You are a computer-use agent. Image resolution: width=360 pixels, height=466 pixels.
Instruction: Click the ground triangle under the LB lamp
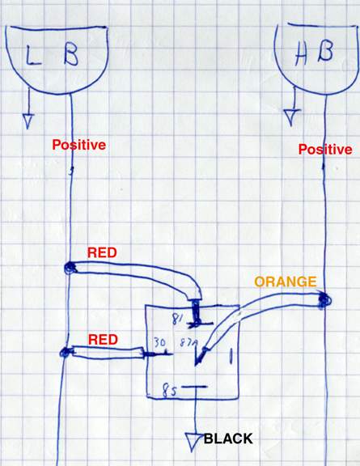point(28,121)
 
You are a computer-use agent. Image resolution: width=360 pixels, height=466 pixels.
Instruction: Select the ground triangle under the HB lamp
point(291,117)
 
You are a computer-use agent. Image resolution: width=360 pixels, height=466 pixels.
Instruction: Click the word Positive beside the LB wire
point(79,145)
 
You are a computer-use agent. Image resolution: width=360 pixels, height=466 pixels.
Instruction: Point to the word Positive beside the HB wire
point(325,149)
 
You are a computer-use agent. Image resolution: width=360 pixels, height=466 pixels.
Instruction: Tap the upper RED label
point(102,252)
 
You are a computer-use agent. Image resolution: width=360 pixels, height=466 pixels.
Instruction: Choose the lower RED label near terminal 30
point(104,340)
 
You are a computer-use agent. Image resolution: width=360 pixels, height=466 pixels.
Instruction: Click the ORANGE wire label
point(286,282)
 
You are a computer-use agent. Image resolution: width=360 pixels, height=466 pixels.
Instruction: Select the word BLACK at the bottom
point(228,438)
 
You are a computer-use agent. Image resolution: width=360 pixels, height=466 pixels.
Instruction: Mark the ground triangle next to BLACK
point(193,442)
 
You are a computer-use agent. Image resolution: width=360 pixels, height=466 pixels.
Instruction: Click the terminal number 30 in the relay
point(159,343)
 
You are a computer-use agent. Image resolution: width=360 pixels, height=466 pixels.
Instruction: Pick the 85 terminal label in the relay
point(169,391)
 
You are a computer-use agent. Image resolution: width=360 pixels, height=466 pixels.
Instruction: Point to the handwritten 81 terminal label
point(178,320)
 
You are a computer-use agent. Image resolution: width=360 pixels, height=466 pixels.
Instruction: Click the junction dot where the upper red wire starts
point(70,268)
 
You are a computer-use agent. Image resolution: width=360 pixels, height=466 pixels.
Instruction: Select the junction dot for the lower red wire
point(66,353)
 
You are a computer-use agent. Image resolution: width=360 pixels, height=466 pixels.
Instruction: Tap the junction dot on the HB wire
point(324,299)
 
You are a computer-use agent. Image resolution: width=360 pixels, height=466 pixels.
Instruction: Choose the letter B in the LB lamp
point(70,55)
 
